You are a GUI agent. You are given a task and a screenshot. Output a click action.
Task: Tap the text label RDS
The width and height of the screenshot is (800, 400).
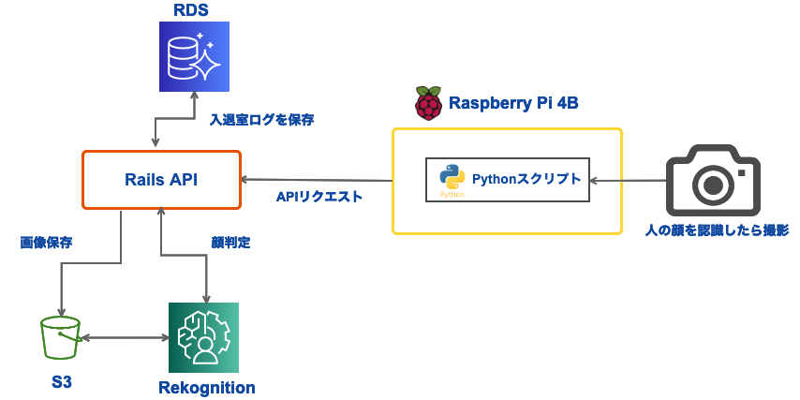191,11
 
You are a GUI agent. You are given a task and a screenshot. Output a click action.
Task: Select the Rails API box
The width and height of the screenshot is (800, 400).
161,180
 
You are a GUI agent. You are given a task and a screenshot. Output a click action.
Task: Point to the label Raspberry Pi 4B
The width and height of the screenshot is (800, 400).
513,103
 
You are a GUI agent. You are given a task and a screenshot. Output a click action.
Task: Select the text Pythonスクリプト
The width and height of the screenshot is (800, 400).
526,179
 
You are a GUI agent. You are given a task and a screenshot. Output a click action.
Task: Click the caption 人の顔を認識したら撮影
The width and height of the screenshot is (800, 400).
719,230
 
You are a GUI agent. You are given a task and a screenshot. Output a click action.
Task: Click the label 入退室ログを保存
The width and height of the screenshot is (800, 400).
261,120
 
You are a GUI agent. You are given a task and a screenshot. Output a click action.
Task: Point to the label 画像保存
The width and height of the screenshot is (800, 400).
47,242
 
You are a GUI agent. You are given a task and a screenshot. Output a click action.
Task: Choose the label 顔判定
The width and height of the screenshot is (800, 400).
230,242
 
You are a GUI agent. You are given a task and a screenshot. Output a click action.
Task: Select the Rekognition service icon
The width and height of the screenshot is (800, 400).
203,338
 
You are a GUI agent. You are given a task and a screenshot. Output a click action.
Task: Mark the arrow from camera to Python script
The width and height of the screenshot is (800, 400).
628,180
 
